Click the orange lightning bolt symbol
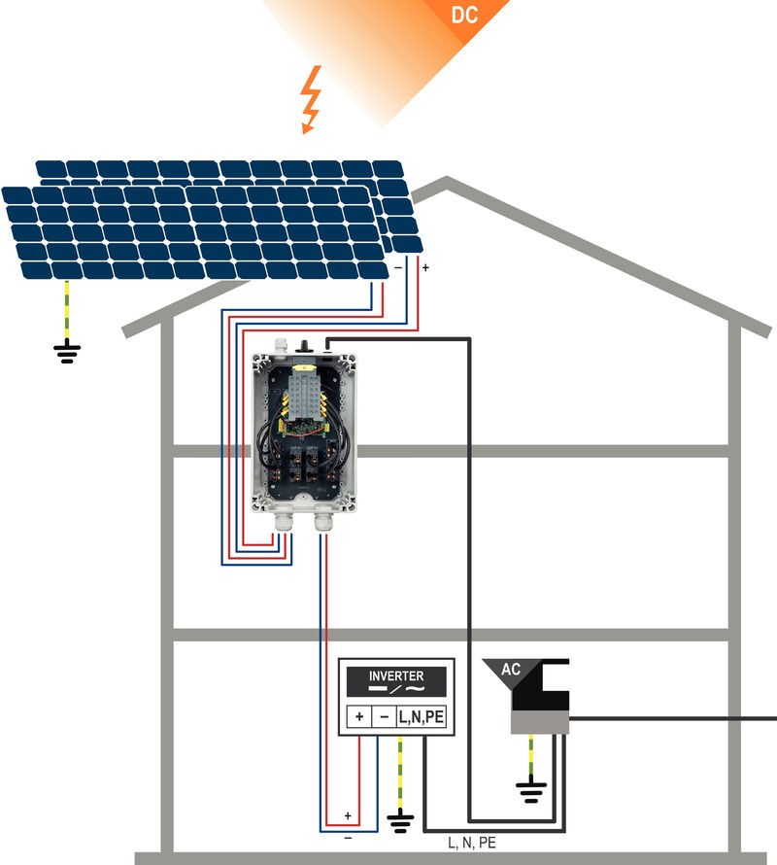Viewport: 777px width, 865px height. click(311, 99)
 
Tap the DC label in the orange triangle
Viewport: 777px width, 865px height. click(465, 16)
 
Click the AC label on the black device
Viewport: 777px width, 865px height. click(511, 670)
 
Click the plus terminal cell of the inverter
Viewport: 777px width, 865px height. click(360, 717)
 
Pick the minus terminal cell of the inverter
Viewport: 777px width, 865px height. click(384, 717)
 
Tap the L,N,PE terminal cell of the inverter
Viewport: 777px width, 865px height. click(422, 717)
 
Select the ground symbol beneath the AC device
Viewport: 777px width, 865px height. click(529, 791)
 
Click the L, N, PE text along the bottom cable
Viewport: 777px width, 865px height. click(471, 844)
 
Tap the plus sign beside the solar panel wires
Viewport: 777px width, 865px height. click(425, 266)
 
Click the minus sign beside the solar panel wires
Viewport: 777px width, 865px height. click(396, 266)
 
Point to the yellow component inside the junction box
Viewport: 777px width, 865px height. click(302, 371)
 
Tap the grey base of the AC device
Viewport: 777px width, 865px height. click(538, 720)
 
